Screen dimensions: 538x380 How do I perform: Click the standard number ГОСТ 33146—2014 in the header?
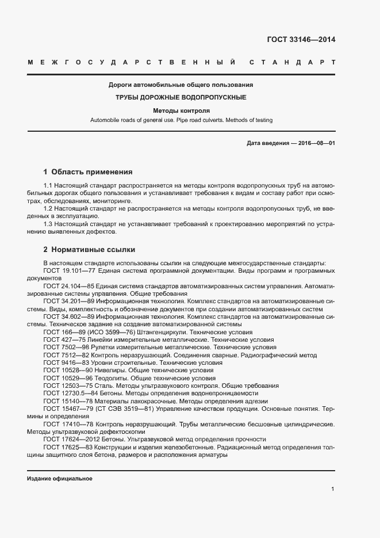pyautogui.click(x=301, y=40)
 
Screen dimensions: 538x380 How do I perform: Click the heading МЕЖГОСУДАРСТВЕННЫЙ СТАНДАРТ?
pyautogui.click(x=181, y=62)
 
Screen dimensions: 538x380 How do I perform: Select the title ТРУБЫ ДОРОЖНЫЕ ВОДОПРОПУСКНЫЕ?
pyautogui.click(x=181, y=97)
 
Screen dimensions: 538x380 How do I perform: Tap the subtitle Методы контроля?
pyautogui.click(x=181, y=110)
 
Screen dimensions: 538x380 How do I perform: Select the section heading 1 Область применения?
pyautogui.click(x=88, y=171)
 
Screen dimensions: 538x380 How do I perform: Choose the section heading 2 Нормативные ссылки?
pyautogui.click(x=89, y=250)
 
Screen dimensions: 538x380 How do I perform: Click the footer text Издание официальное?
pyautogui.click(x=60, y=479)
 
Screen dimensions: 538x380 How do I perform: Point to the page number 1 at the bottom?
pyautogui.click(x=333, y=489)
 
